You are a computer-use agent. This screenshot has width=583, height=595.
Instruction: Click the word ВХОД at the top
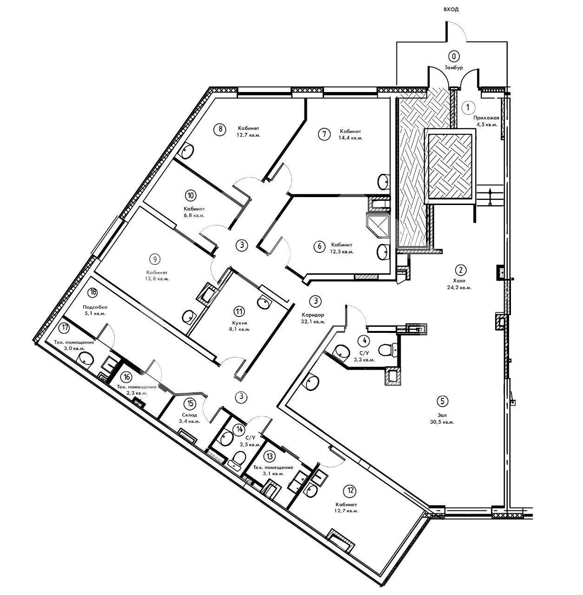click(x=451, y=10)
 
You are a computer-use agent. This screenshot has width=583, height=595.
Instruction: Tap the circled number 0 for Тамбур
click(x=454, y=56)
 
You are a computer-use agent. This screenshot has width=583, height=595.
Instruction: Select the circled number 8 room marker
click(x=220, y=129)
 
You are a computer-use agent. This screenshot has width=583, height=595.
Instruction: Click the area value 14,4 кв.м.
click(x=351, y=138)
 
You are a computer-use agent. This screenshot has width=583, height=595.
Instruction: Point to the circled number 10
click(x=191, y=195)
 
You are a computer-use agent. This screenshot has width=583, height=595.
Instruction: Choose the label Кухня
click(x=240, y=323)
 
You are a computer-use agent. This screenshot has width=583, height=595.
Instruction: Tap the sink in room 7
click(x=384, y=181)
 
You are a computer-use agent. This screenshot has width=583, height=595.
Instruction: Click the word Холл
click(x=459, y=281)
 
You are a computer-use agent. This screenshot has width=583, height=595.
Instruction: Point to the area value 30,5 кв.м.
click(x=443, y=422)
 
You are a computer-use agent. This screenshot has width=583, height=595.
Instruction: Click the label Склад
click(x=190, y=415)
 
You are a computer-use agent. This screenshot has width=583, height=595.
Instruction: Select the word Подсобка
click(x=95, y=307)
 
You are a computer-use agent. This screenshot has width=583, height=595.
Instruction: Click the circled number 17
click(x=65, y=328)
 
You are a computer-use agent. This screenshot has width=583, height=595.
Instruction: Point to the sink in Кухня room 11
click(x=264, y=302)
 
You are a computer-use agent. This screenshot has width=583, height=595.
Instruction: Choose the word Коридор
click(x=313, y=315)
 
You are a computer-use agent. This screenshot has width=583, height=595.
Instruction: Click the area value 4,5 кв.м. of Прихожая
click(x=486, y=125)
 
